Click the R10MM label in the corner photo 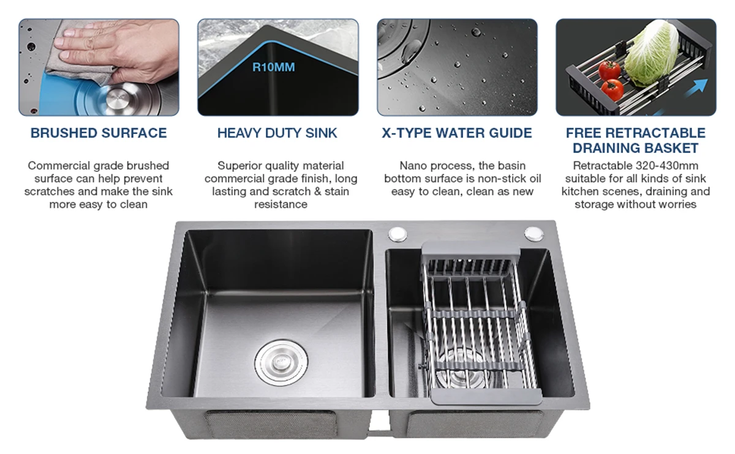click(274, 67)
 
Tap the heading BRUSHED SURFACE click(99, 133)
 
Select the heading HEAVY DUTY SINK click(277, 133)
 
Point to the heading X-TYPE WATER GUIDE click(457, 133)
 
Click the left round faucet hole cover click(398, 234)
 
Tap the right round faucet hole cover click(534, 234)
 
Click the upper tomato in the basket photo click(609, 70)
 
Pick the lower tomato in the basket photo click(612, 90)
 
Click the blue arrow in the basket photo click(696, 88)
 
